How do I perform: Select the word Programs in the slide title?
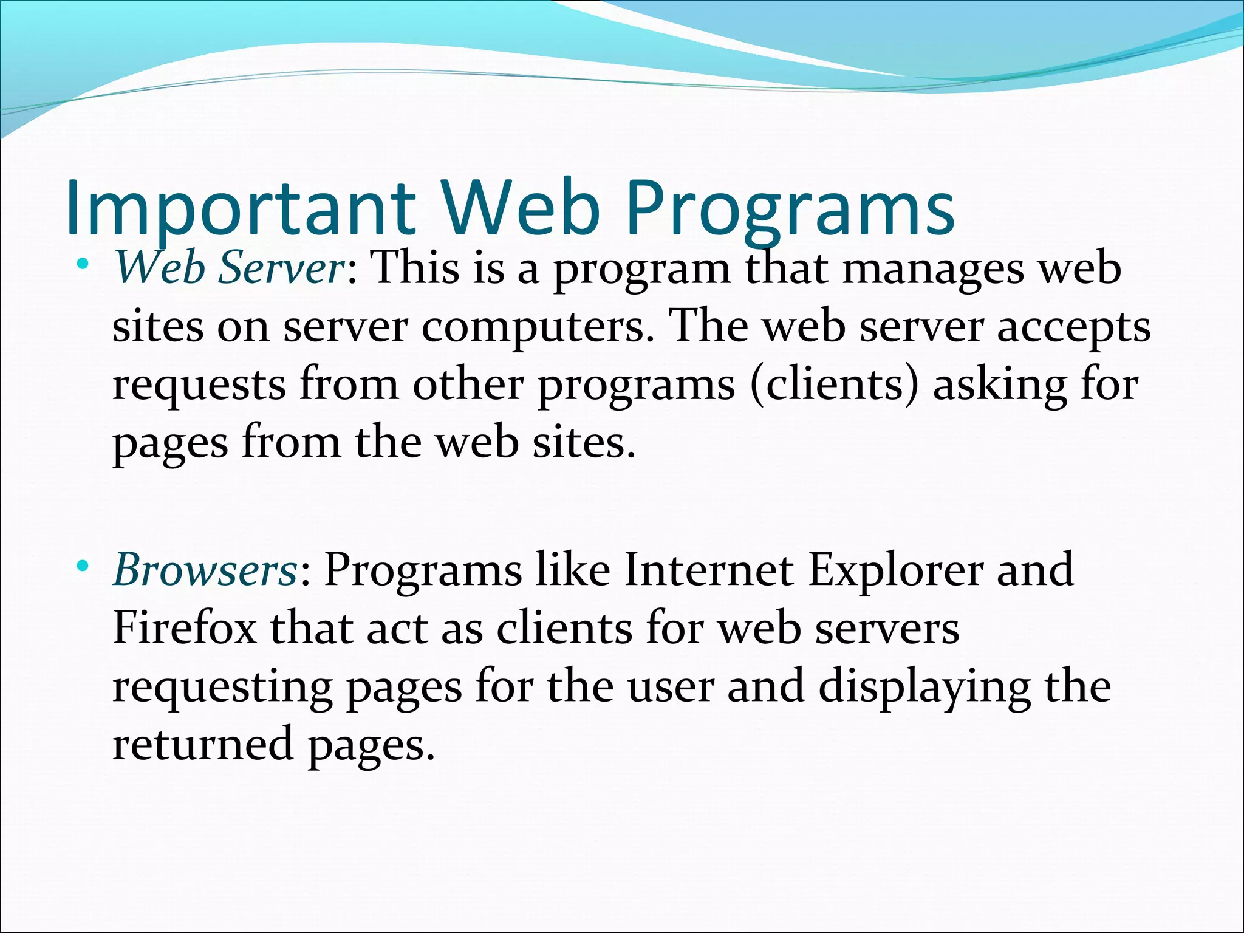790,210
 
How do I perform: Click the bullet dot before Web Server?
84,265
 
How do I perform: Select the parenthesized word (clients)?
835,385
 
